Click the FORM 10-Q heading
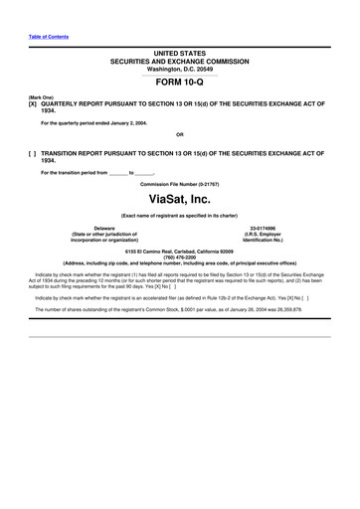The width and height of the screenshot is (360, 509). coord(179,84)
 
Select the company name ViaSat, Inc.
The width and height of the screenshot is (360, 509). coord(179,200)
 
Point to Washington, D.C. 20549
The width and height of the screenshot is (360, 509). coord(179,68)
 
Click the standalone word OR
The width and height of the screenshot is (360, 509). coord(179,135)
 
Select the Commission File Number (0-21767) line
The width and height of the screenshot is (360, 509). coord(179,185)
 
